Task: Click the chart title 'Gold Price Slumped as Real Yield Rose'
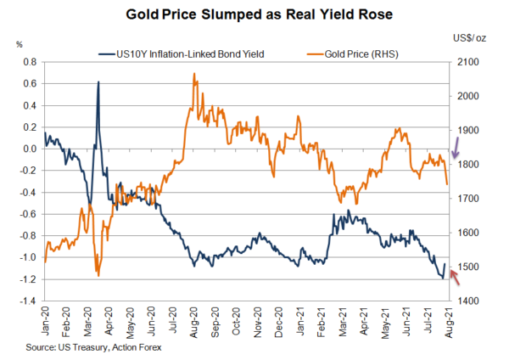254,14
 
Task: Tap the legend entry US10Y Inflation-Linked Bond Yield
182,54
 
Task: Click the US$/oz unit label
471,37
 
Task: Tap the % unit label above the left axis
19,42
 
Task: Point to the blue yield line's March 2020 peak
98,82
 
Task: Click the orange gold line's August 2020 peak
194,74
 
